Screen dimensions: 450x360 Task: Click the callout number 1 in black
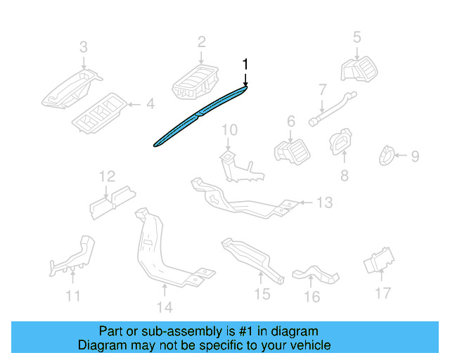[245, 64]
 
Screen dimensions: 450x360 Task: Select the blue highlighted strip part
[200, 115]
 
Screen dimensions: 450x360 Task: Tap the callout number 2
[202, 42]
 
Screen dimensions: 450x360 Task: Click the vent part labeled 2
[195, 82]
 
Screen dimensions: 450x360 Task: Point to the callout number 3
[83, 47]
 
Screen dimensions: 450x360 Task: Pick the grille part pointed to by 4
[99, 112]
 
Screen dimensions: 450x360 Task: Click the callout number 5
[356, 37]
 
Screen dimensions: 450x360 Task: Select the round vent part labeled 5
[359, 69]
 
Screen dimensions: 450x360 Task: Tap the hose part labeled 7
[333, 108]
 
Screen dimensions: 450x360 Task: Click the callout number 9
[416, 156]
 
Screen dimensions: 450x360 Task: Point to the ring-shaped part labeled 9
[386, 155]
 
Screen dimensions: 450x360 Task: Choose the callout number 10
[230, 130]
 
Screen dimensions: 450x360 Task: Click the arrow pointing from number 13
[306, 202]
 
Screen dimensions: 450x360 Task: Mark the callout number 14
[165, 307]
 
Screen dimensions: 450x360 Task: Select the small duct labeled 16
[316, 274]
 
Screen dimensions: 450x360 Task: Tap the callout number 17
[383, 293]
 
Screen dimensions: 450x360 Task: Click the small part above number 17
[379, 260]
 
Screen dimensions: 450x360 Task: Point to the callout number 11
[73, 296]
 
